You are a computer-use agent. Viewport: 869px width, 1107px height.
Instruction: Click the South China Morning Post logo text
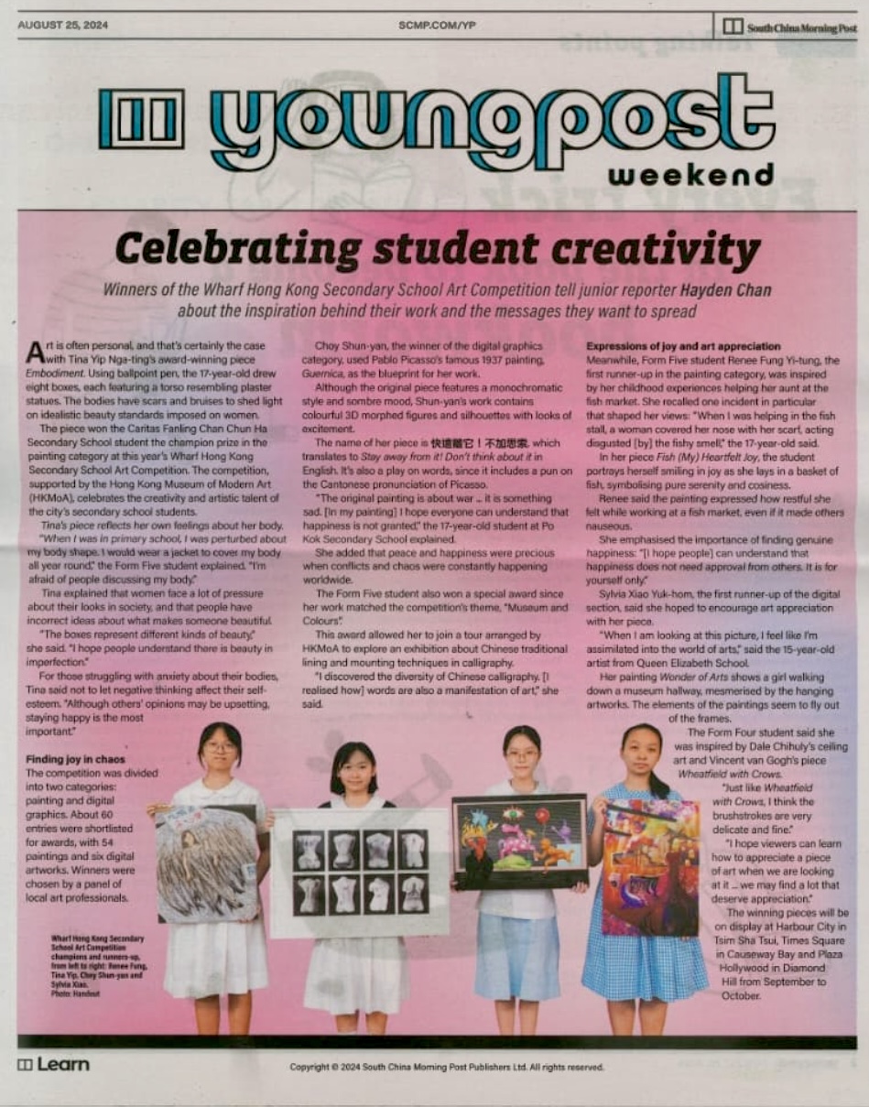801,27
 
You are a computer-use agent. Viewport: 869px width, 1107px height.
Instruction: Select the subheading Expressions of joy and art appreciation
683,347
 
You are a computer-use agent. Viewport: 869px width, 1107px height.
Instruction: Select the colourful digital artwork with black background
519,841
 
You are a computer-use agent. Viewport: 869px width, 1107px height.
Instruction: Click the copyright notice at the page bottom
447,1067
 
